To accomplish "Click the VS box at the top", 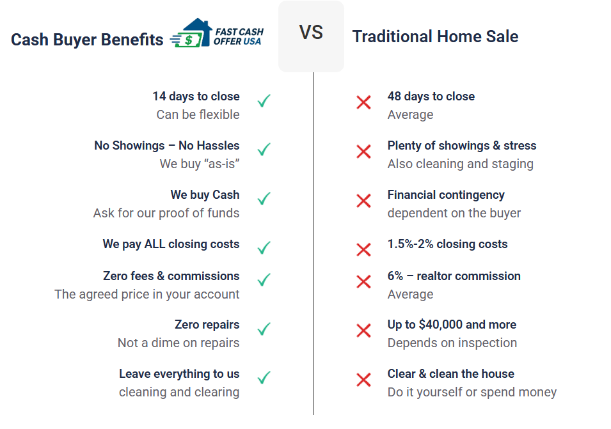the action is (x=311, y=36).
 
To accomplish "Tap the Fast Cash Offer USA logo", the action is (x=217, y=33).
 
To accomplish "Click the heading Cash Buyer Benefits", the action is (x=87, y=40).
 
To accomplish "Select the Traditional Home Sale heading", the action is (x=435, y=36).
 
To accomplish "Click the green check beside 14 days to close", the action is (x=264, y=101).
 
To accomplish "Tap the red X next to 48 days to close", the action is (x=363, y=102).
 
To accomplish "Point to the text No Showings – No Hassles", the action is (x=167, y=146).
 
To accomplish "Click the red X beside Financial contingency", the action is (x=363, y=201).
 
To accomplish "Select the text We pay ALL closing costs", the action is (x=171, y=244).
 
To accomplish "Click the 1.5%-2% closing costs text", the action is (x=447, y=244).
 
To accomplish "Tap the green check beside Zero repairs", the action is (x=264, y=329).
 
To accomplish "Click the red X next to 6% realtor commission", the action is (x=363, y=281).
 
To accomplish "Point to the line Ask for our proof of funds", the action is (x=166, y=214).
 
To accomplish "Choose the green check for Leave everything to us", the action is (x=264, y=378).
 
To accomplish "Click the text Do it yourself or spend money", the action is (x=472, y=393).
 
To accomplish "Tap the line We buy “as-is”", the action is (x=200, y=164).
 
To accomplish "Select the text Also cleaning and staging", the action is (x=460, y=164).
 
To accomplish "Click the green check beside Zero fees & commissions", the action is (x=264, y=280).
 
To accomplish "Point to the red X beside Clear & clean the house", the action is (x=363, y=380).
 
